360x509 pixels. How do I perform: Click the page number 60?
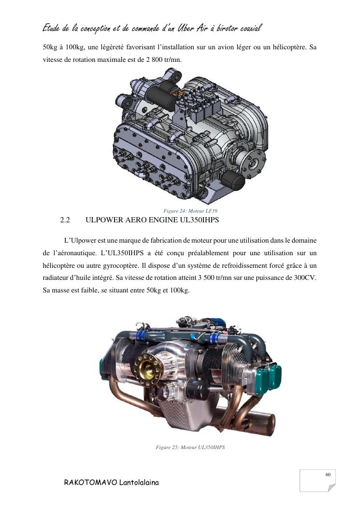tap(328, 475)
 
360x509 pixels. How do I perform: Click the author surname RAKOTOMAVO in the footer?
tap(90, 482)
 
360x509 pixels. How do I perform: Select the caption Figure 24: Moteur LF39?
tap(190, 211)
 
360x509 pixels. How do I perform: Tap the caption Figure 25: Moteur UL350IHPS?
tap(190, 447)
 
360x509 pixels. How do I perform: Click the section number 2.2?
tap(65, 220)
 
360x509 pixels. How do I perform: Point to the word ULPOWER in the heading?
tap(103, 220)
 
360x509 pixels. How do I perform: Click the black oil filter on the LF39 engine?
tap(233, 181)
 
